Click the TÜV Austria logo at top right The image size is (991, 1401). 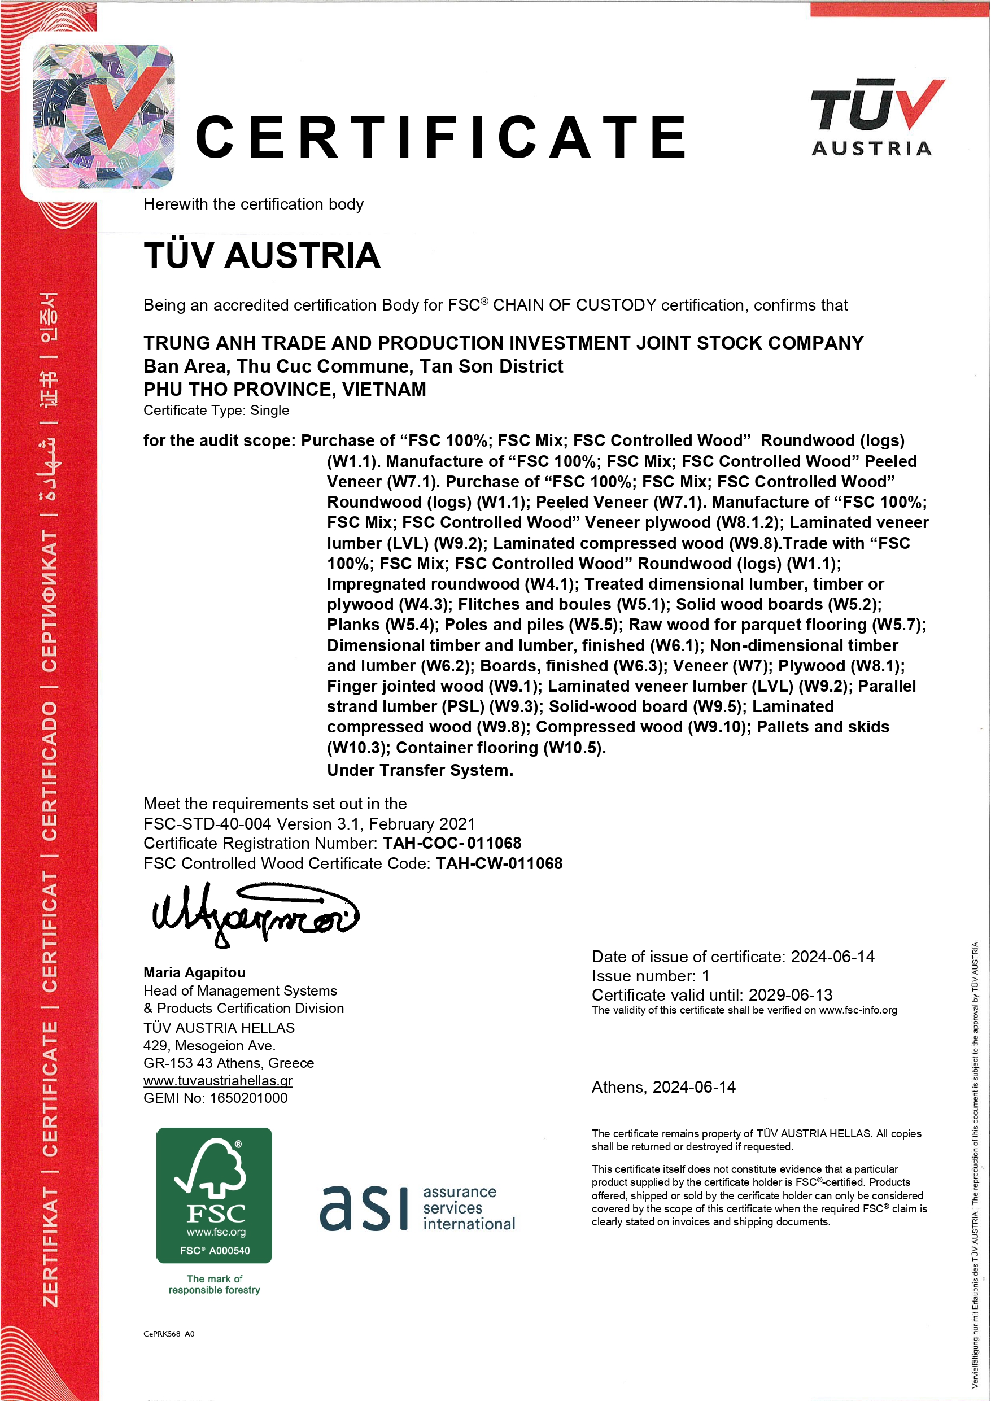pyautogui.click(x=877, y=117)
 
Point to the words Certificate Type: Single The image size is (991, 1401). pyautogui.click(x=216, y=410)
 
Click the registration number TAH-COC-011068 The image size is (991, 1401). pyautogui.click(x=452, y=843)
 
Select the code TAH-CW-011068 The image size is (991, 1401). pyautogui.click(x=499, y=863)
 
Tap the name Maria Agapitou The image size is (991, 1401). pyautogui.click(x=194, y=972)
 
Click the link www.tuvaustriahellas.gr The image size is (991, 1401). pyautogui.click(x=218, y=1081)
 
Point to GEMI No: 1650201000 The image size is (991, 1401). pyautogui.click(x=215, y=1098)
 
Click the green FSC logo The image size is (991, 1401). pyautogui.click(x=213, y=1195)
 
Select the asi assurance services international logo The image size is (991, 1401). pyautogui.click(x=417, y=1208)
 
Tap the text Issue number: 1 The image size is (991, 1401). pyautogui.click(x=650, y=976)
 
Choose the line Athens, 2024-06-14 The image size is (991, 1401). pyautogui.click(x=663, y=1088)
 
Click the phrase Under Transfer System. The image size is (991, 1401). pyautogui.click(x=420, y=771)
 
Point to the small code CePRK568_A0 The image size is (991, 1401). pyautogui.click(x=168, y=1334)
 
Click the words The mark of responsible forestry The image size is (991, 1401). pyautogui.click(x=214, y=1285)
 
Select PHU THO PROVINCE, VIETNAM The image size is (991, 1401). pyautogui.click(x=285, y=389)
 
